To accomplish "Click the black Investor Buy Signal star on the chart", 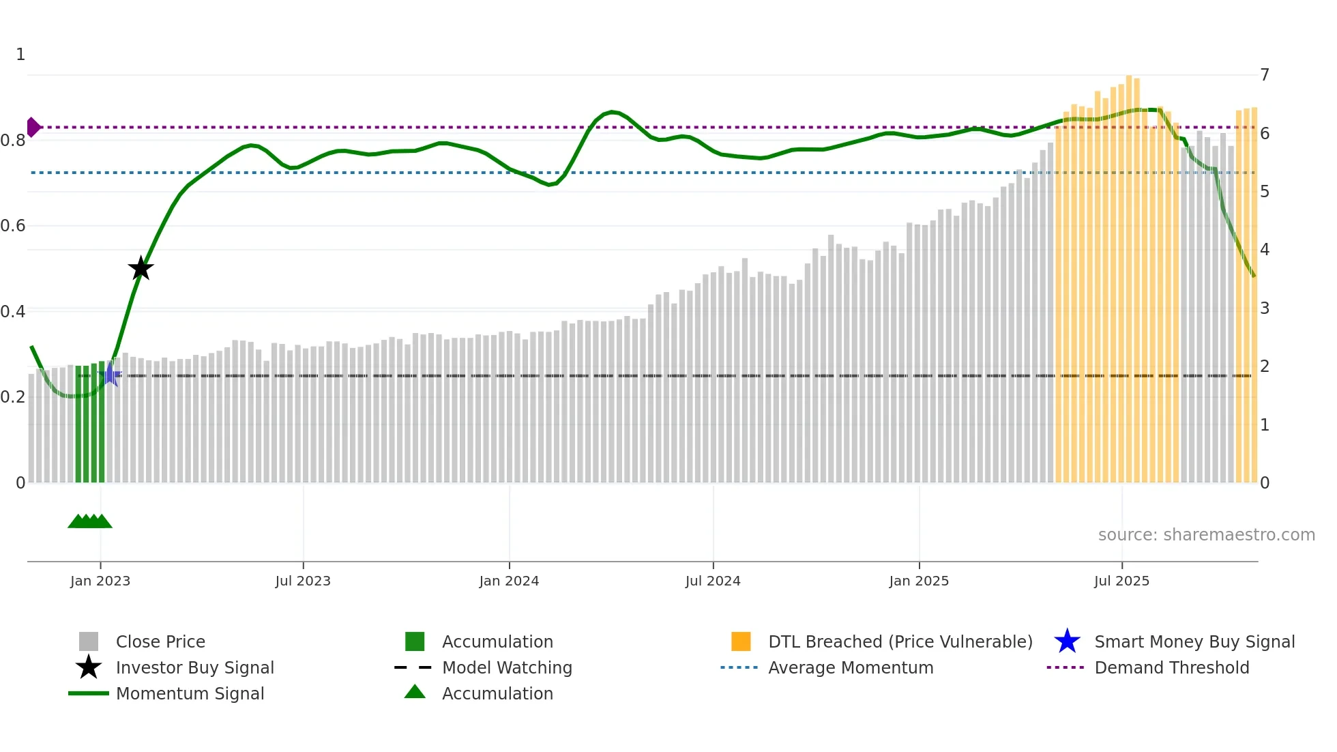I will [x=141, y=268].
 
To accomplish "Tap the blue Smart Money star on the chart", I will [x=110, y=375].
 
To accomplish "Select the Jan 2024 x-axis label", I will [x=509, y=581].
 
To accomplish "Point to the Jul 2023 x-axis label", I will [x=303, y=581].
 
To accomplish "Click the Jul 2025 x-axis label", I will [x=1121, y=581].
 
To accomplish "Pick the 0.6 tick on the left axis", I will [x=13, y=225].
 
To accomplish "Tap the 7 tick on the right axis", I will [x=1265, y=74].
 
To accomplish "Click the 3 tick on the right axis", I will [x=1265, y=308].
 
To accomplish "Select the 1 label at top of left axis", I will [x=20, y=55].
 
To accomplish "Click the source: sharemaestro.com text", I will [x=1206, y=534].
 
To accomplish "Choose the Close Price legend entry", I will [x=160, y=641].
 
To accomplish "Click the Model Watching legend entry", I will [x=507, y=667].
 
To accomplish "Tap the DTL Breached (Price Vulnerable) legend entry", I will [x=900, y=641].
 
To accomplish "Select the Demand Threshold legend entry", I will [x=1171, y=667].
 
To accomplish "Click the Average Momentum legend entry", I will [x=850, y=667].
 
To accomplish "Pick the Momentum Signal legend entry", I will [x=190, y=693].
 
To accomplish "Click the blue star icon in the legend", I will [x=1067, y=641].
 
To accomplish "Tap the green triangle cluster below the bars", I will [x=89, y=521].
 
